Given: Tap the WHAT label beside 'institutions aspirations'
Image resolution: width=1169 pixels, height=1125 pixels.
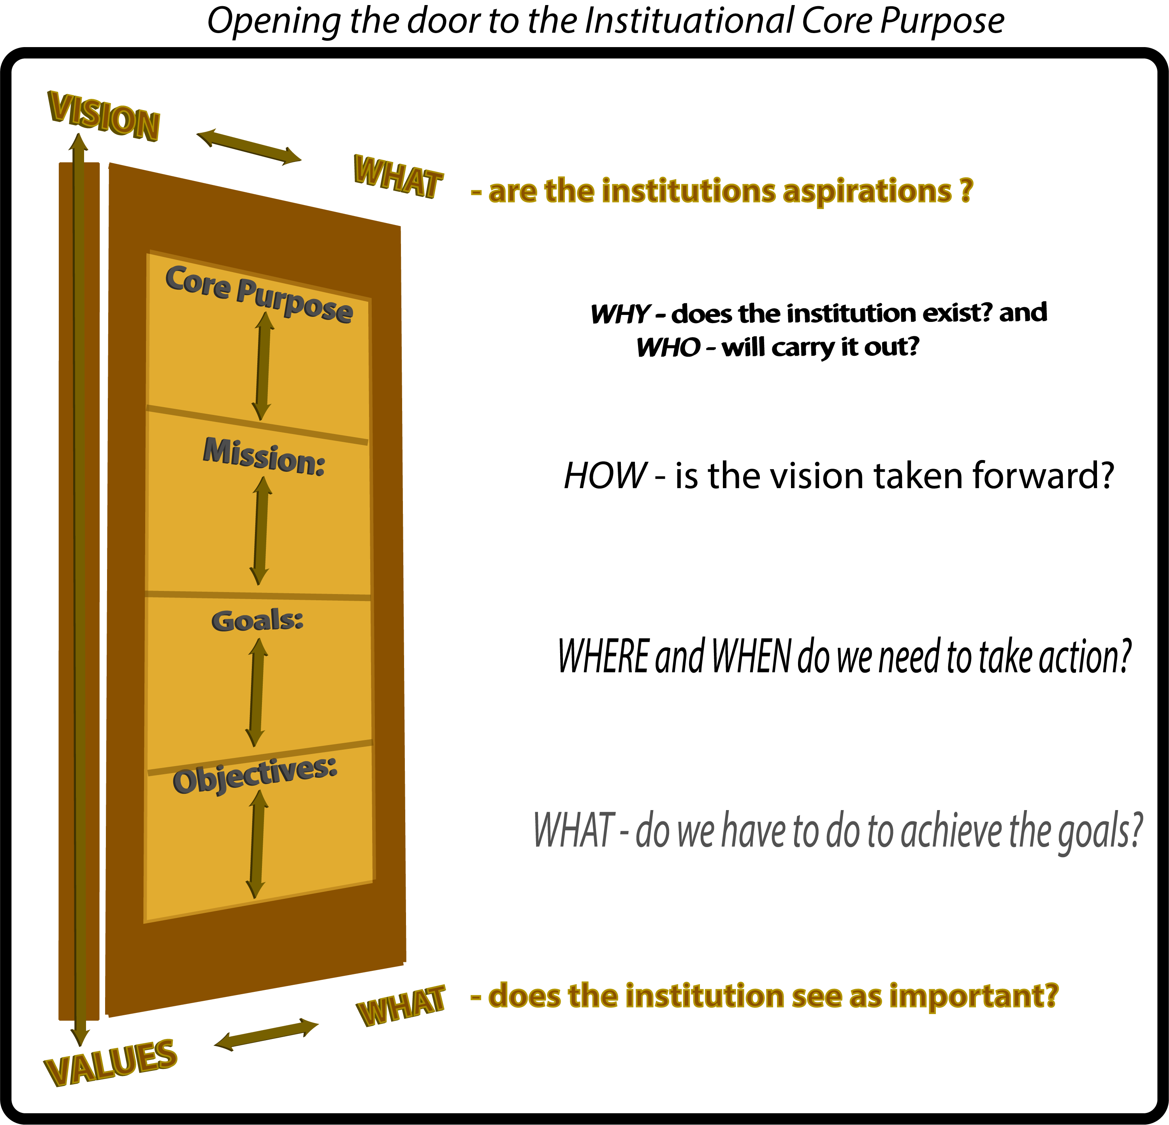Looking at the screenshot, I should pyautogui.click(x=398, y=176).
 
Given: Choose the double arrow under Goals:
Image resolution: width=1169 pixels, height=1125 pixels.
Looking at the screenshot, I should pyautogui.click(x=257, y=692).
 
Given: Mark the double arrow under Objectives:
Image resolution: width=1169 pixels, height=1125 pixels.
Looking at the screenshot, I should pyautogui.click(x=257, y=844).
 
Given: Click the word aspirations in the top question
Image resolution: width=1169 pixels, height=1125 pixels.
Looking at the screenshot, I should pyautogui.click(x=867, y=192).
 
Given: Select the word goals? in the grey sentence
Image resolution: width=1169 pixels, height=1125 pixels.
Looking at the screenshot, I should pyautogui.click(x=1100, y=831).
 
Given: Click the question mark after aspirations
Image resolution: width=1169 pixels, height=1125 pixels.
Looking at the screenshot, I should pyautogui.click(x=966, y=190).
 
